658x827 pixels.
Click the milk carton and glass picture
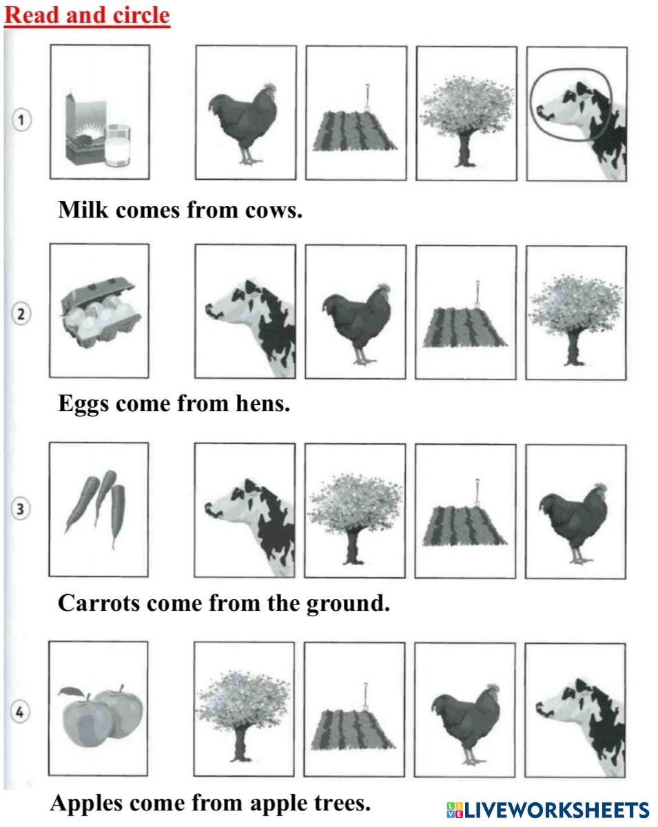(x=98, y=130)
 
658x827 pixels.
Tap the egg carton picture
(x=101, y=312)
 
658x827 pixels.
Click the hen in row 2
(x=356, y=324)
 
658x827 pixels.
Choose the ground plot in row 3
(x=464, y=513)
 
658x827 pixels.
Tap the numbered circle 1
(x=21, y=120)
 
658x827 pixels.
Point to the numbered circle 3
(x=21, y=509)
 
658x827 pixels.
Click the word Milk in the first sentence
(x=83, y=210)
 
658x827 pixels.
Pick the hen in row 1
(x=243, y=124)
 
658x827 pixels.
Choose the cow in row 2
(x=250, y=328)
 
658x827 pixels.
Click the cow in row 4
(x=581, y=727)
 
